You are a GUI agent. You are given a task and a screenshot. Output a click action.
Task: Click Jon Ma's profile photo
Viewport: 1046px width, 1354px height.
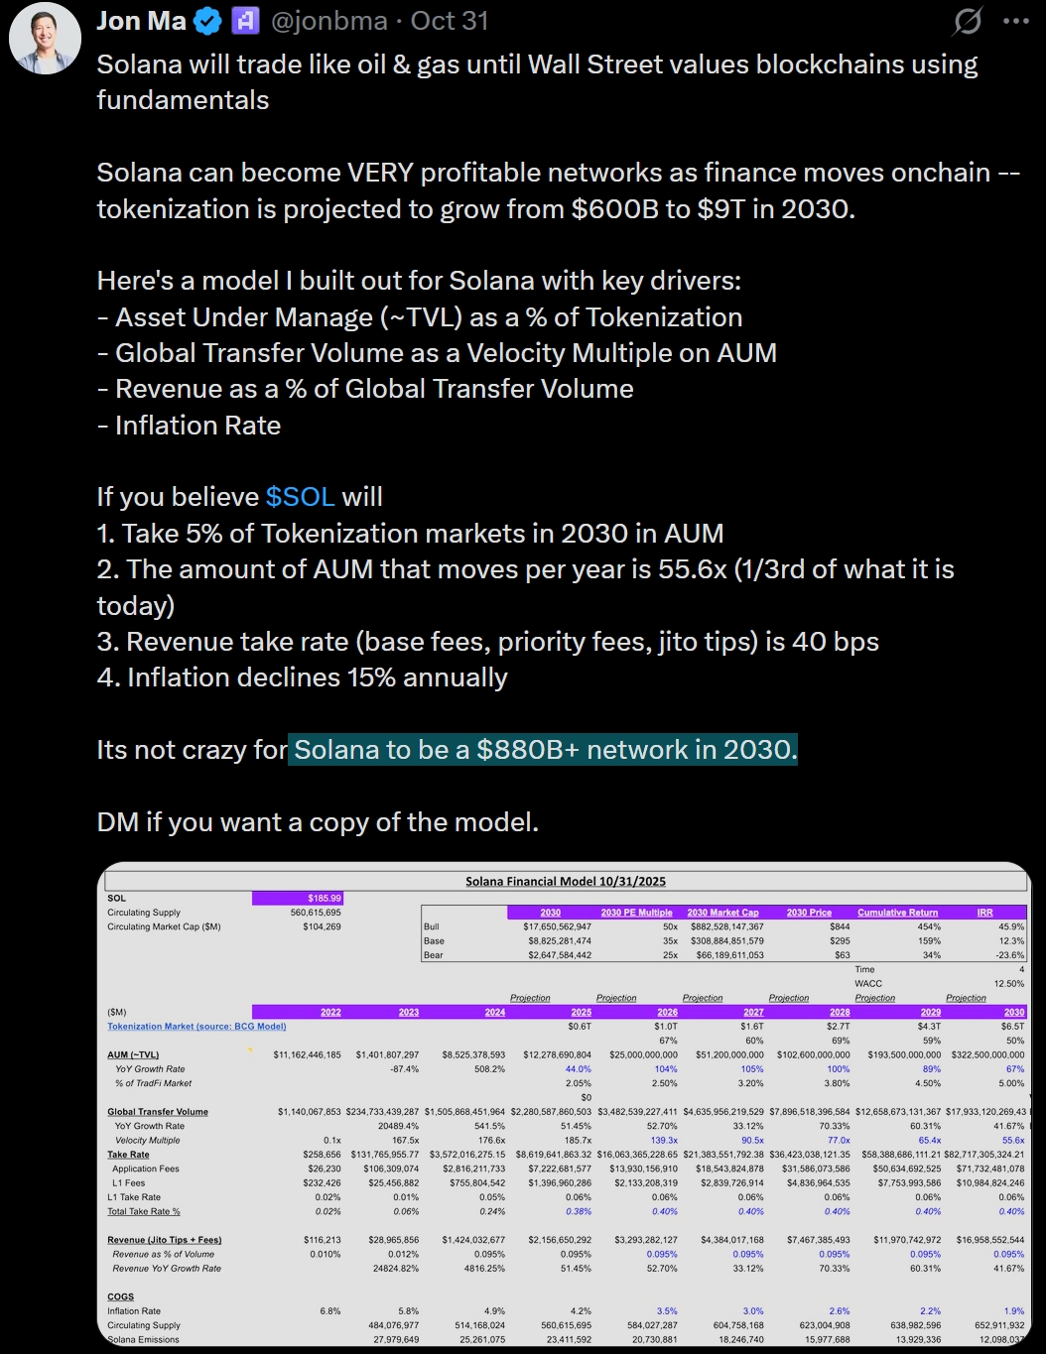[x=45, y=38]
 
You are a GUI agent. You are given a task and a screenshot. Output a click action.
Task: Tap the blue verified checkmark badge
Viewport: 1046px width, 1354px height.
[x=207, y=21]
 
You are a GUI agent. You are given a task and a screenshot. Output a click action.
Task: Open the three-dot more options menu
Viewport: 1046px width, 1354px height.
[x=1015, y=21]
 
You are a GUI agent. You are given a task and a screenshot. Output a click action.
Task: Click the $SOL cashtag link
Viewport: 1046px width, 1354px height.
[x=301, y=497]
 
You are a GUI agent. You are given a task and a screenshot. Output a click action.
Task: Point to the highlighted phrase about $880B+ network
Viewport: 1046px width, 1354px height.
[x=545, y=750]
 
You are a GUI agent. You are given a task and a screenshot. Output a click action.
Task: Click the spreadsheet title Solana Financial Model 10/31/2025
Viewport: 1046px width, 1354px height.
[x=566, y=881]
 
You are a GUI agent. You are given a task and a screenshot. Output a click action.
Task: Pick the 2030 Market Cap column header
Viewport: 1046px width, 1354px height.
[x=722, y=913]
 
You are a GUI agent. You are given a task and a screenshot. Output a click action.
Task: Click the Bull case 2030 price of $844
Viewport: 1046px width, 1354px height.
[x=840, y=926]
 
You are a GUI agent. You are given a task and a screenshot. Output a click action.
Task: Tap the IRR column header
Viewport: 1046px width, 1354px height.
[x=984, y=913]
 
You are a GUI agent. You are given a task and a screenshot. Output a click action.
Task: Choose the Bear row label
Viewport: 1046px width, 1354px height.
[x=433, y=955]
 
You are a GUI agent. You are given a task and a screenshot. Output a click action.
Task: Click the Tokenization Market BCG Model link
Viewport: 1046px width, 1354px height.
[x=196, y=1027]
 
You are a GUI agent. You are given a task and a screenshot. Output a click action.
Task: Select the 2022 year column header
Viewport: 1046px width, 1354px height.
[x=330, y=1013]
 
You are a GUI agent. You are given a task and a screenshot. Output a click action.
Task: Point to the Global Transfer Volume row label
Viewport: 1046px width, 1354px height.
[x=158, y=1112]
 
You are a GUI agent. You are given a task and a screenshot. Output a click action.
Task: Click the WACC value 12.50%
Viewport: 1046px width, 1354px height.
[x=1008, y=984]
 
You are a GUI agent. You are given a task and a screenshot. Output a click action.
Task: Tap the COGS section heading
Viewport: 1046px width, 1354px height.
[x=120, y=1296]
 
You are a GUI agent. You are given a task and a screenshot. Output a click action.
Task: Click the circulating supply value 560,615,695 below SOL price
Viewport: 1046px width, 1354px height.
[x=316, y=913]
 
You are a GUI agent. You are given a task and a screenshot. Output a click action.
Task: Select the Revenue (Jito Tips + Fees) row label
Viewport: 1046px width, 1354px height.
[x=165, y=1240]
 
